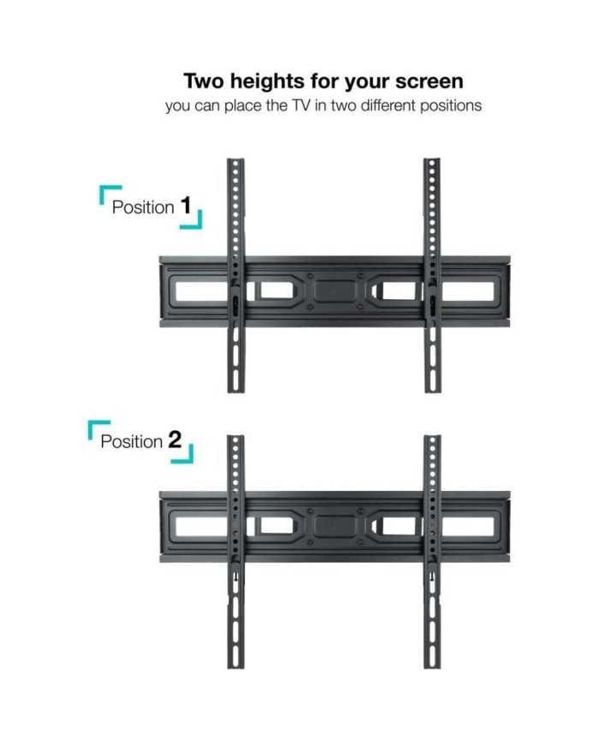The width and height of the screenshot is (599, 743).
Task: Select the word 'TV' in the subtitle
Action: pos(299,105)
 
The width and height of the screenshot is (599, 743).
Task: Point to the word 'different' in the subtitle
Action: pos(388,105)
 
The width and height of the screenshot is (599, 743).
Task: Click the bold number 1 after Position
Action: pos(186,206)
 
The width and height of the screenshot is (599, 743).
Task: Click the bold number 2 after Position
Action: pos(175,439)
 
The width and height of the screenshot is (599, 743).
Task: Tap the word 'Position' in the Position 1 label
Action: pos(143,208)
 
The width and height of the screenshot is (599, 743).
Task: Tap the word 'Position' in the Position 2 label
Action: pos(132,442)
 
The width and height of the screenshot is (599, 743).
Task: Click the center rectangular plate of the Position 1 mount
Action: pos(335,291)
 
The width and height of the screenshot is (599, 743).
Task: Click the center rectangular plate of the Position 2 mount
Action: pos(335,526)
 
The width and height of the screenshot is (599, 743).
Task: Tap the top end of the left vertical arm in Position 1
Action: pos(235,160)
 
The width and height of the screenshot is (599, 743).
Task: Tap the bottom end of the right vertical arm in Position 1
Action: pos(432,391)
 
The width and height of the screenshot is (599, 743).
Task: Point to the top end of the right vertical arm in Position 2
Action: pos(432,436)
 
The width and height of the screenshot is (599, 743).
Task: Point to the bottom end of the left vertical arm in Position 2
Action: pos(235,667)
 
